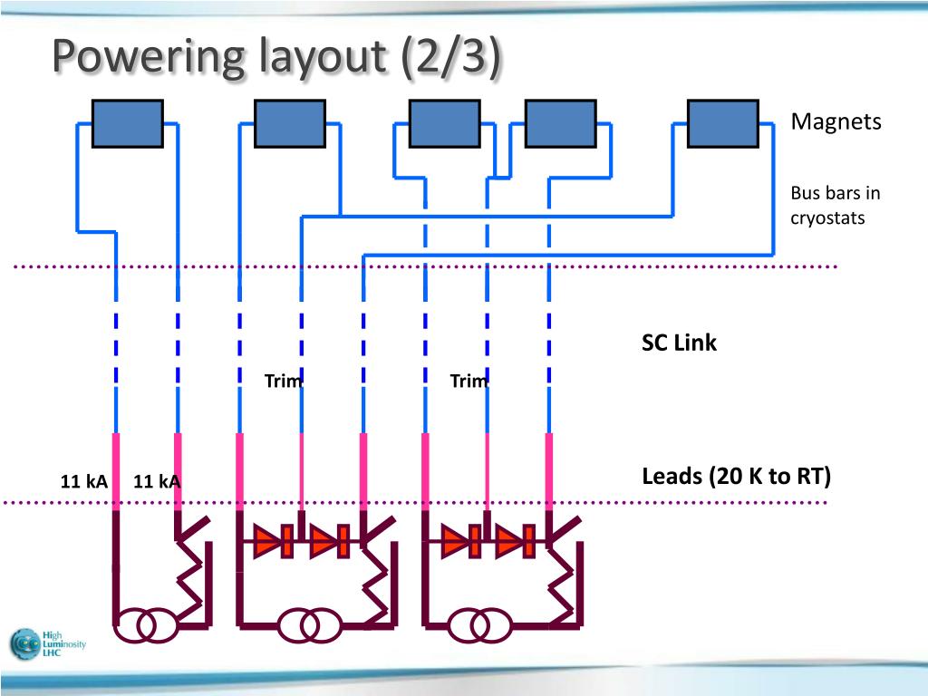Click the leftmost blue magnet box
pos(127,123)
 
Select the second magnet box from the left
pos(289,123)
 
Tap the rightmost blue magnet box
pos(722,123)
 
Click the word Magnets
pos(836,121)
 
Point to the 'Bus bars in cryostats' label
pos(835,206)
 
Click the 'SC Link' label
pos(679,343)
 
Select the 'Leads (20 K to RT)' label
pos(736,476)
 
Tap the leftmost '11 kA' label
pos(84,481)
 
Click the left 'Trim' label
pos(284,381)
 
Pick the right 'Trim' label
pos(469,381)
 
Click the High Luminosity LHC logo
pos(47,644)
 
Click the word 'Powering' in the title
pos(148,56)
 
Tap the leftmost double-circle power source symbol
pos(146,625)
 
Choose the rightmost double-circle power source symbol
pos(480,625)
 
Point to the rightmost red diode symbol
pos(515,541)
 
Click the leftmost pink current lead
pos(116,471)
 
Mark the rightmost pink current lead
pos(548,471)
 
